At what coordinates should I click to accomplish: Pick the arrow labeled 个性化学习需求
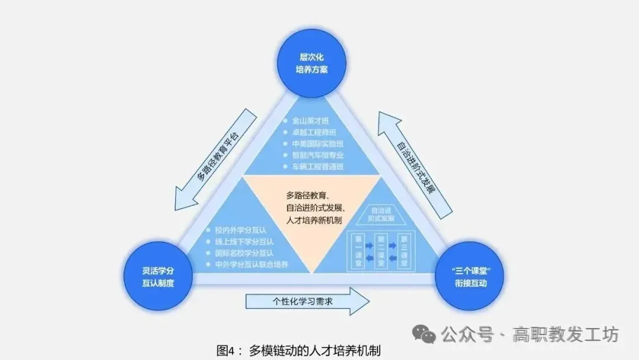(306, 301)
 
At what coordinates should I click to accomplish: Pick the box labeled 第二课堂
(381, 250)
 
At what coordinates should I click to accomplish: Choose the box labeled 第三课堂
(405, 250)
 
